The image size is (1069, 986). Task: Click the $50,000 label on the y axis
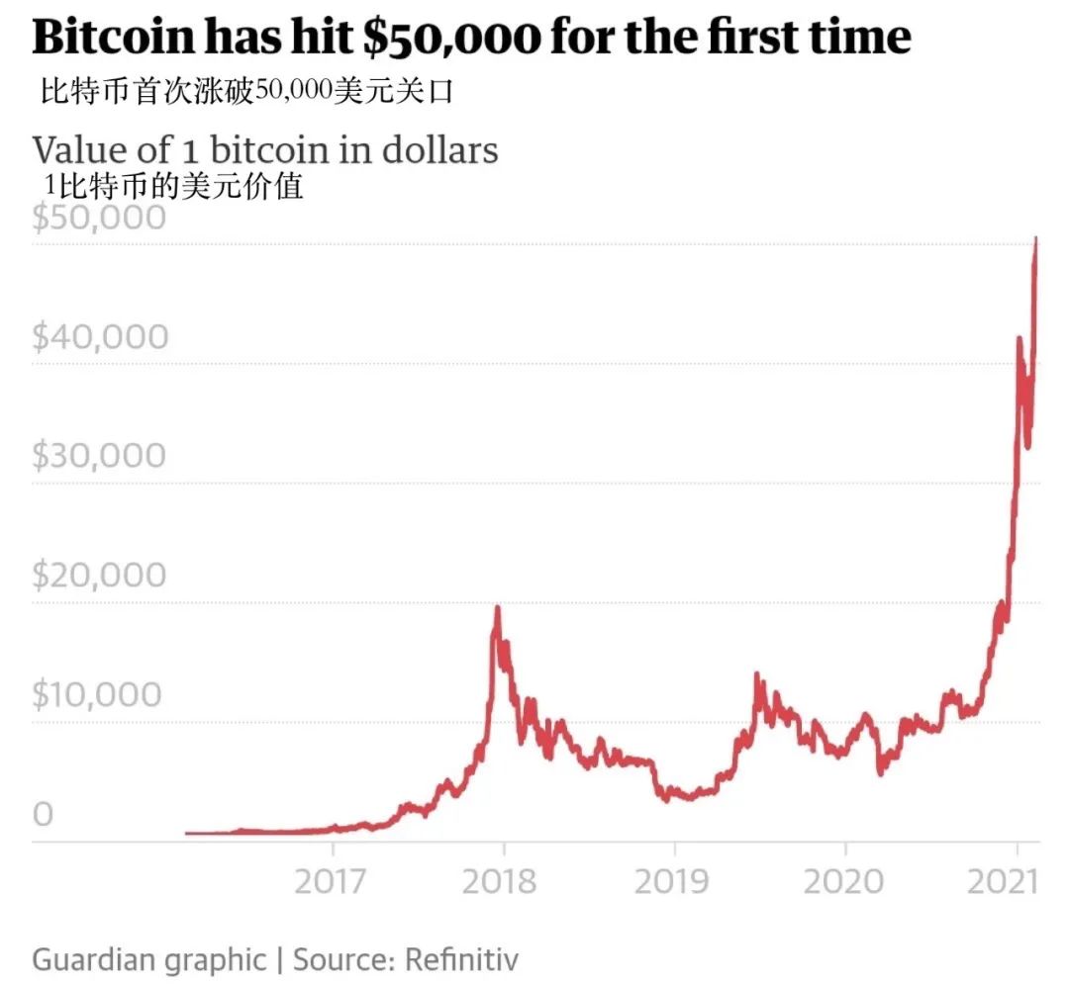coord(99,217)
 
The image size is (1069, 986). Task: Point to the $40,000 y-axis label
coord(100,336)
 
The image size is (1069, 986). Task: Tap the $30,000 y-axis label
coord(100,456)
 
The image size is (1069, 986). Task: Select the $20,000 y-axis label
coord(100,575)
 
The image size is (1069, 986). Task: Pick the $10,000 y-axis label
coord(100,694)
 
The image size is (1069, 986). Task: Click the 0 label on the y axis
coord(43,814)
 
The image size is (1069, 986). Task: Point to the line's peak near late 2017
coord(497,607)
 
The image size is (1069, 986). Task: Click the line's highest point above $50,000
coord(1036,238)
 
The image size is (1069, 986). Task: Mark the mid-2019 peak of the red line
coord(756,674)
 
